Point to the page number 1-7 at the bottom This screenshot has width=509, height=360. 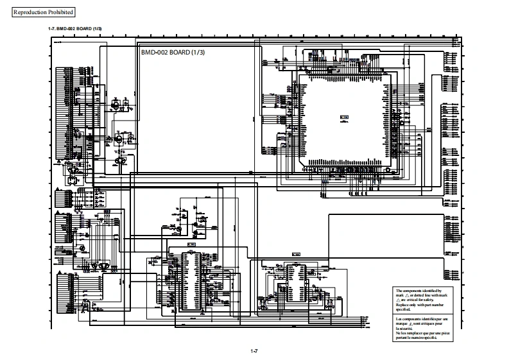pos(254,350)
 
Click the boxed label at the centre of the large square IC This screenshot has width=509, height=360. pos(344,117)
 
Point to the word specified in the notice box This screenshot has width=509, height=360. pos(402,309)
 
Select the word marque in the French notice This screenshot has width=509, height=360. pos(402,323)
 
